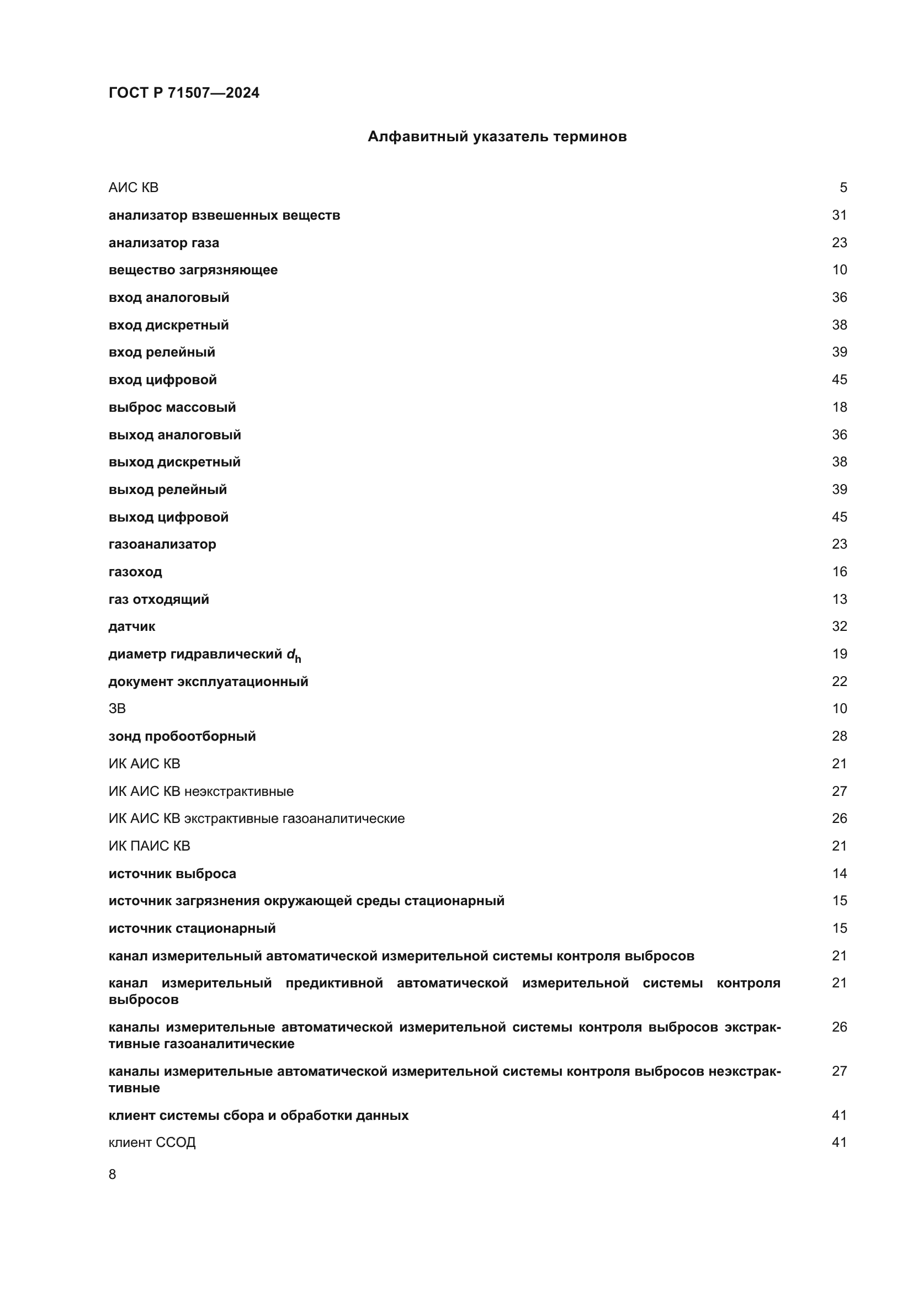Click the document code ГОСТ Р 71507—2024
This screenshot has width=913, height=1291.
click(184, 93)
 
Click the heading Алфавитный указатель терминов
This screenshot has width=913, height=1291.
click(497, 137)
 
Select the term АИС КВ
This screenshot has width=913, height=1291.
click(133, 188)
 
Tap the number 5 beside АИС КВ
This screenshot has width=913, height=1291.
click(843, 188)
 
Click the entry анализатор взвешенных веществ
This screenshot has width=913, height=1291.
click(224, 215)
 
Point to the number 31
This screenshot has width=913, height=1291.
click(839, 215)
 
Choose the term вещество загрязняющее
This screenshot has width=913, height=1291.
click(193, 270)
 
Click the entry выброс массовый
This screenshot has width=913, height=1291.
click(172, 407)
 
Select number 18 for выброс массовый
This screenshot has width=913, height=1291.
click(839, 407)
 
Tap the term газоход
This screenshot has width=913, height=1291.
click(135, 572)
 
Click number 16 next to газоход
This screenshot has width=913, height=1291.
click(839, 572)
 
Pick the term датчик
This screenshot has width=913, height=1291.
click(131, 626)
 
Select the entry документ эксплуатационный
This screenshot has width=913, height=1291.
click(208, 682)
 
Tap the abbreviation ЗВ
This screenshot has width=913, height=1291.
click(117, 709)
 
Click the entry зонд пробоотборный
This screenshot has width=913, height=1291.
click(182, 736)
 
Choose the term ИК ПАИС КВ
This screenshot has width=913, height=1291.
click(149, 846)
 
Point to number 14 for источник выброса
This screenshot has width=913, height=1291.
click(839, 873)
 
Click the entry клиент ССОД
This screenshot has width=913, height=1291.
click(152, 1142)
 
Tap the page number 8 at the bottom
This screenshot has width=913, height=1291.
click(113, 1174)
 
